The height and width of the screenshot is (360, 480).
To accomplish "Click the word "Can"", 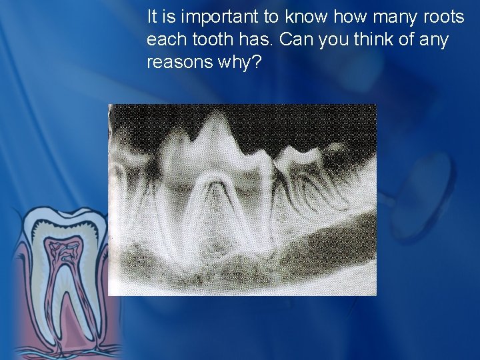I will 294,39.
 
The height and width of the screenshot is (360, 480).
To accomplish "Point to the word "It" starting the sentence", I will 153,16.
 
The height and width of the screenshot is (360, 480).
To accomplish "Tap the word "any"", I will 434,39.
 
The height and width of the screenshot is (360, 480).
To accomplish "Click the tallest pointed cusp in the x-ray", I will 215,120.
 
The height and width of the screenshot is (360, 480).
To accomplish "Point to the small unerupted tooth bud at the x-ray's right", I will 337,147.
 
